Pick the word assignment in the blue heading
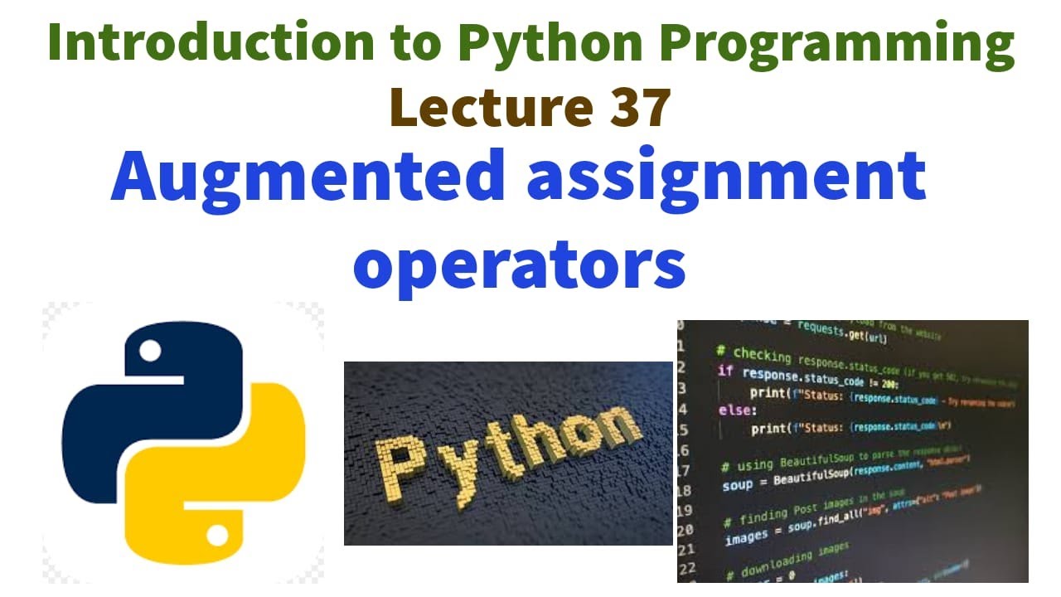726,178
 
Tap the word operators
520,265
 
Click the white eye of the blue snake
151,352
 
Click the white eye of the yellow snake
217,537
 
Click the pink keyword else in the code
738,410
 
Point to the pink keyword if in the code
725,371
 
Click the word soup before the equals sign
738,485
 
